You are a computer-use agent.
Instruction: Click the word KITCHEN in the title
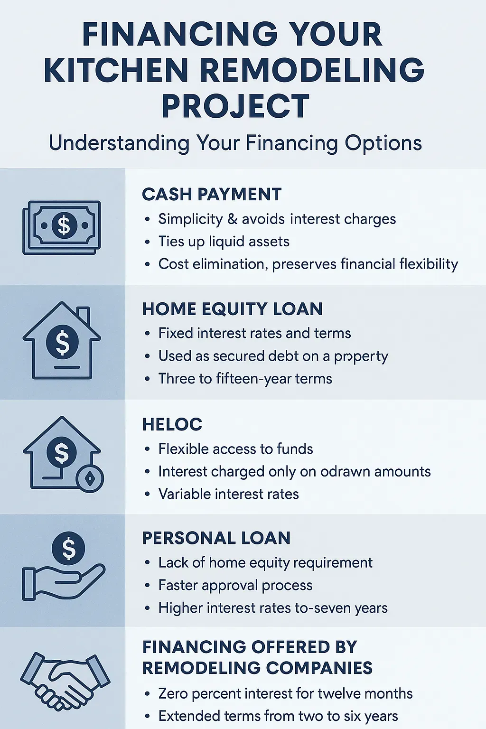[x=116, y=70]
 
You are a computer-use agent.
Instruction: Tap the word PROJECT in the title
[x=235, y=106]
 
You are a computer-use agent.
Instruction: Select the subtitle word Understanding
[x=119, y=143]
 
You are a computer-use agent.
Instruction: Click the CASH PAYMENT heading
[x=212, y=195]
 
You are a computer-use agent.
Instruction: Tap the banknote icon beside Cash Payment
[x=62, y=227]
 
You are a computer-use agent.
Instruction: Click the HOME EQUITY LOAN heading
[x=232, y=309]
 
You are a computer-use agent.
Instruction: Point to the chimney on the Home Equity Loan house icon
[x=83, y=315]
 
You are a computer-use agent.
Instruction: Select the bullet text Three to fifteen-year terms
[x=245, y=379]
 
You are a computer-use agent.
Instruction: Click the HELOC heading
[x=172, y=424]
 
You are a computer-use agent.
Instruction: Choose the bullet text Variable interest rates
[x=228, y=494]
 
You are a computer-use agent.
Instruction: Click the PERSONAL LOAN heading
[x=216, y=538]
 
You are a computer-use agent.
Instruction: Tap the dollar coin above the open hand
[x=69, y=548]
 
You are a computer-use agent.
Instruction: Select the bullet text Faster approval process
[x=235, y=585]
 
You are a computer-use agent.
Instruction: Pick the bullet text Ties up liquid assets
[x=224, y=242]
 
